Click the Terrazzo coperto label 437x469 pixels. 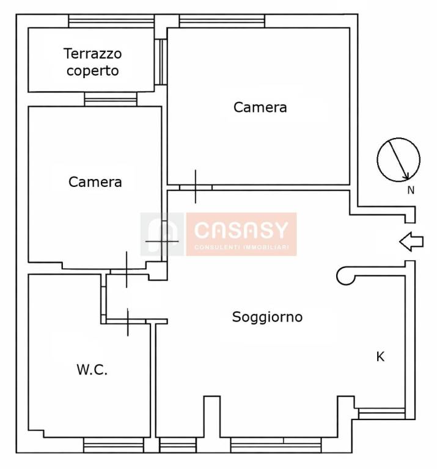(x=93, y=62)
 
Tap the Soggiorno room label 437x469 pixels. (x=267, y=318)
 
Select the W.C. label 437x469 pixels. (x=92, y=369)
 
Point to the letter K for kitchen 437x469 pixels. (x=380, y=357)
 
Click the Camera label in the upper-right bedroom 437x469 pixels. (x=260, y=107)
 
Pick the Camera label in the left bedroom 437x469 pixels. (x=95, y=182)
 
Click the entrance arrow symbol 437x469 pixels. (x=411, y=241)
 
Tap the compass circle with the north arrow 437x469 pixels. (x=398, y=160)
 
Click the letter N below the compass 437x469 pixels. (x=411, y=191)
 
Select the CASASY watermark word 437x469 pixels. (x=241, y=230)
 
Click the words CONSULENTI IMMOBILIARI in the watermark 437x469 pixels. (x=241, y=247)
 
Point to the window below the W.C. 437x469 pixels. (x=114, y=445)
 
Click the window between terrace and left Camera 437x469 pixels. (x=111, y=99)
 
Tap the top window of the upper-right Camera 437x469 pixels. (x=222, y=21)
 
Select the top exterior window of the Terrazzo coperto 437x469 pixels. (x=111, y=21)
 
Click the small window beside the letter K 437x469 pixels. (x=381, y=413)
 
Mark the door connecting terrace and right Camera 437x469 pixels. (x=162, y=62)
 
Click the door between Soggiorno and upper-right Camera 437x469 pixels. (x=196, y=187)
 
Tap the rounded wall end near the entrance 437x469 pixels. (x=345, y=275)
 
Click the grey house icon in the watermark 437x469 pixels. (x=162, y=234)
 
